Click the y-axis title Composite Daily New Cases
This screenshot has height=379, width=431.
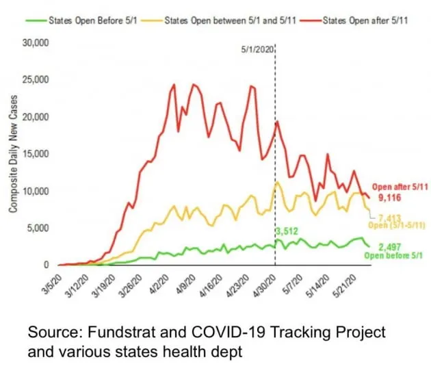pos(14,154)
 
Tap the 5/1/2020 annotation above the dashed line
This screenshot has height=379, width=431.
pos(257,49)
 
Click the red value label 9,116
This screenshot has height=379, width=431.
pos(389,196)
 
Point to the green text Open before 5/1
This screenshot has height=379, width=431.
pos(393,257)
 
